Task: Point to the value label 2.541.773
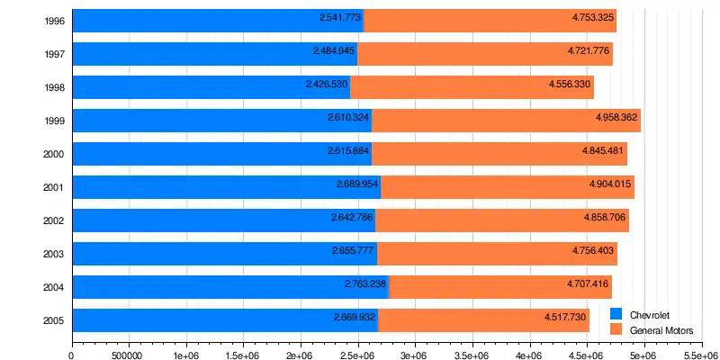pyautogui.click(x=340, y=17)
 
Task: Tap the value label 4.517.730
pyautogui.click(x=566, y=317)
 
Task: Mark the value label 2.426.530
pyautogui.click(x=327, y=84)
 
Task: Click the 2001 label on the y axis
pyautogui.click(x=53, y=187)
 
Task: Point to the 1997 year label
pyautogui.click(x=53, y=54)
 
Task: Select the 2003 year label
pyautogui.click(x=53, y=254)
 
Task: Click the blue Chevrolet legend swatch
pyautogui.click(x=616, y=314)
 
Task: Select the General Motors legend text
pyautogui.click(x=661, y=330)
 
